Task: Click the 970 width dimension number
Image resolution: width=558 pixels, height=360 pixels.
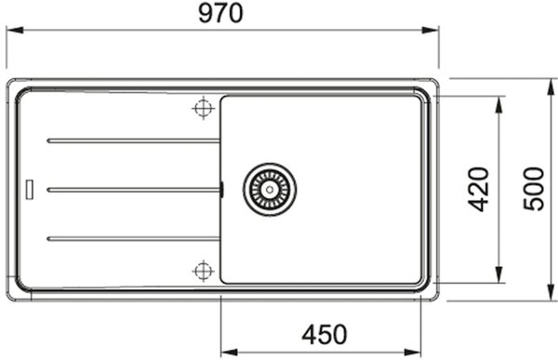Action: [220, 14]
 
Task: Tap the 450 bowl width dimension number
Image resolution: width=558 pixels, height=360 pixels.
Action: [325, 334]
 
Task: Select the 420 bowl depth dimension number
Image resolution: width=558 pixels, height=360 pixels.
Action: [478, 190]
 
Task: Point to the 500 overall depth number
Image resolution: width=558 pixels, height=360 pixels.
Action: [534, 189]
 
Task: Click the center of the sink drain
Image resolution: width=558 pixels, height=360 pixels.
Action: [270, 190]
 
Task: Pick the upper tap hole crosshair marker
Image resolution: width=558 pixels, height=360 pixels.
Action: [203, 108]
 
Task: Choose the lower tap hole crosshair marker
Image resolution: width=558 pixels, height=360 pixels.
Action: [203, 271]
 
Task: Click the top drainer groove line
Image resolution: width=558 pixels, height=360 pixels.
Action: [133, 141]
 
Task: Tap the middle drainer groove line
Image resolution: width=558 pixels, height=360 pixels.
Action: [133, 190]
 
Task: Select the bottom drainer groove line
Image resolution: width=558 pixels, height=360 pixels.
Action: [133, 238]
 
